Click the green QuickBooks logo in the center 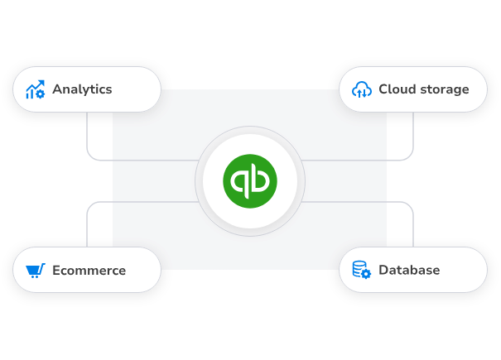tap(250, 181)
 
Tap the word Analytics tap(82, 89)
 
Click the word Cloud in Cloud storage tap(396, 89)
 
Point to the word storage tap(443, 89)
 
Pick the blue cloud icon tap(361, 89)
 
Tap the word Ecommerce tap(89, 270)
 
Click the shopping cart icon tap(35, 270)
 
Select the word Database tap(409, 270)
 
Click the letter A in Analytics tap(57, 89)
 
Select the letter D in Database tap(383, 270)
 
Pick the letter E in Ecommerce tap(56, 270)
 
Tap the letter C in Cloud tap(383, 89)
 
